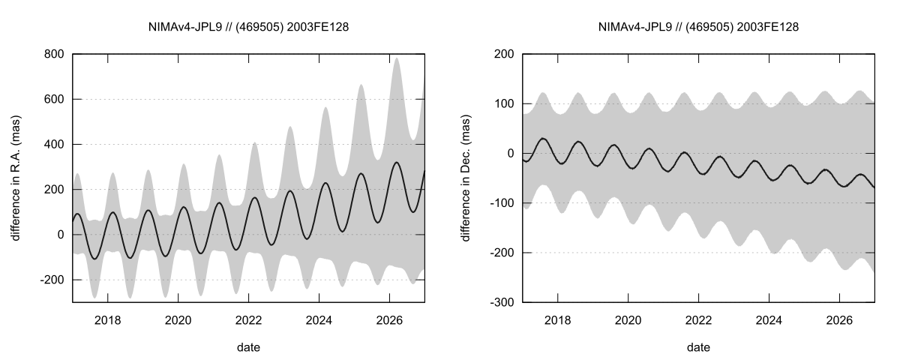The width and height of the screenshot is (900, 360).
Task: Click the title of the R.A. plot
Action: pyautogui.click(x=249, y=27)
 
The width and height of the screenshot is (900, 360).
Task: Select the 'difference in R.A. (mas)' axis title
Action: pyautogui.click(x=16, y=178)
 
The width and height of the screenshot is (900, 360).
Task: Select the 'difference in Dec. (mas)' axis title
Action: pyautogui.click(x=466, y=178)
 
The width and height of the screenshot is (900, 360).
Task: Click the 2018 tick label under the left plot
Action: pyautogui.click(x=108, y=318)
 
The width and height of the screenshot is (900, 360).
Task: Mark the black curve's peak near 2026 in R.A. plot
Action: pyautogui.click(x=397, y=162)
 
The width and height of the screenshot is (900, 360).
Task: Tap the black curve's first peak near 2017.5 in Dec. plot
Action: pyautogui.click(x=543, y=138)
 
